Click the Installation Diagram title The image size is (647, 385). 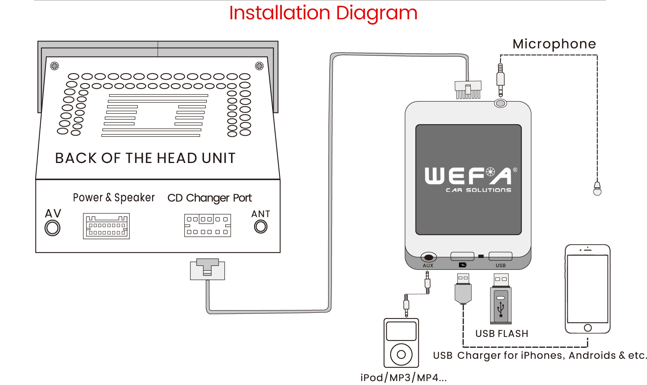tap(323, 13)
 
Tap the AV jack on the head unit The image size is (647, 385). tap(52, 228)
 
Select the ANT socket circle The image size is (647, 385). tap(261, 226)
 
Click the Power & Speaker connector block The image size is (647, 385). tap(106, 226)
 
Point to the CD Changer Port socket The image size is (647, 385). tap(208, 226)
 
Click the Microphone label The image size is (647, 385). tap(554, 44)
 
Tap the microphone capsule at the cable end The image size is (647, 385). tap(597, 189)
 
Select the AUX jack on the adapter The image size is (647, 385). tap(428, 257)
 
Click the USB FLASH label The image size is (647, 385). tap(502, 333)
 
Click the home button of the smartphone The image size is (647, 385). tap(588, 328)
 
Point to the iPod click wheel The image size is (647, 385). tap(401, 355)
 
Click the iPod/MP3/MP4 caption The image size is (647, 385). tap(403, 378)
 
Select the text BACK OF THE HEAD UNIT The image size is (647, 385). tap(145, 158)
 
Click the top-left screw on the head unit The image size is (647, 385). tap(55, 66)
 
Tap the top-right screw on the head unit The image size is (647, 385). tap(259, 66)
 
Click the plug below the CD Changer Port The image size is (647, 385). tap(207, 269)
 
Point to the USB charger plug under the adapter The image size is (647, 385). tap(463, 289)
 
